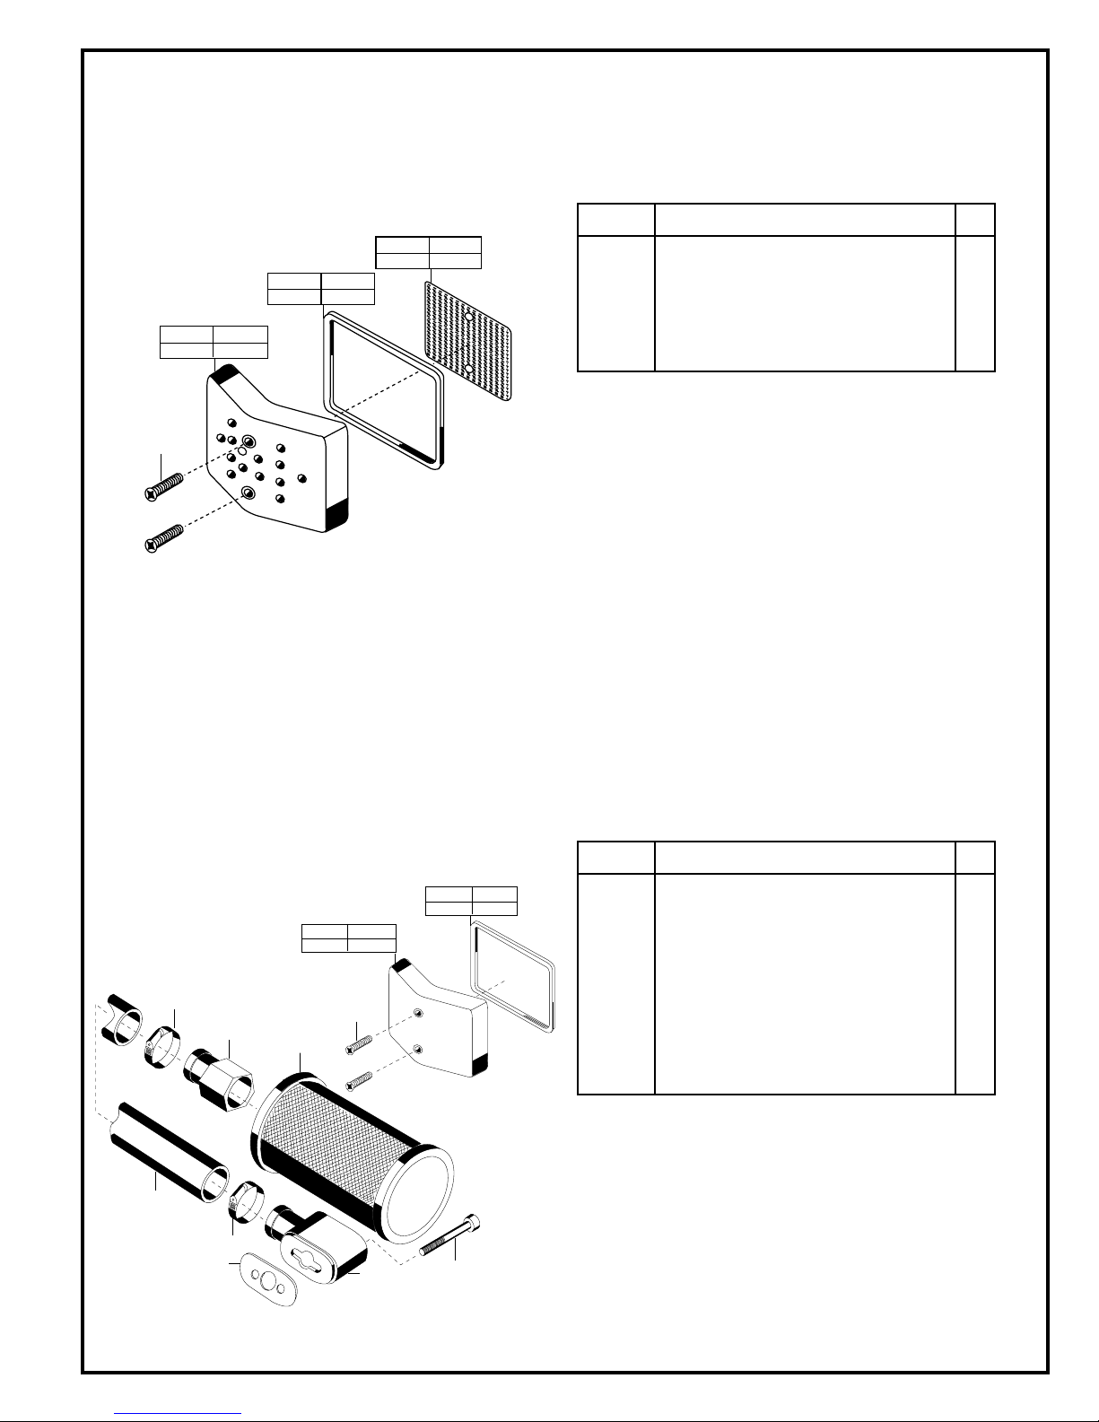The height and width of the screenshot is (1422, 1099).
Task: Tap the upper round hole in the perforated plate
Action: coord(468,316)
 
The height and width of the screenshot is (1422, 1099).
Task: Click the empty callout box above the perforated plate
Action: coord(428,253)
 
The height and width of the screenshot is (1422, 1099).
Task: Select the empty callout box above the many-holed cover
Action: coord(213,343)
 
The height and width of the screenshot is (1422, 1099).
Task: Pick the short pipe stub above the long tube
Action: coord(123,1018)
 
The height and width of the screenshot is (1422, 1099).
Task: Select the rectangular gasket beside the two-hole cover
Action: coord(511,973)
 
